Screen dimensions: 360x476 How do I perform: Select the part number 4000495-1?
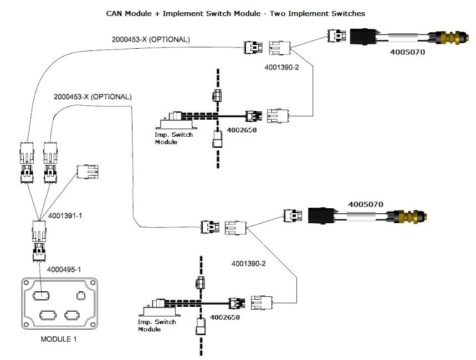63,269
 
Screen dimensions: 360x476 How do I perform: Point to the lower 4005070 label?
366,204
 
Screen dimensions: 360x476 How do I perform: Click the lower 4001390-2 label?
249,264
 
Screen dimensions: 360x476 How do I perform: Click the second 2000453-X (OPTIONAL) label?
93,96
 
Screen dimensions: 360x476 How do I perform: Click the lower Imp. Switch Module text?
157,325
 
